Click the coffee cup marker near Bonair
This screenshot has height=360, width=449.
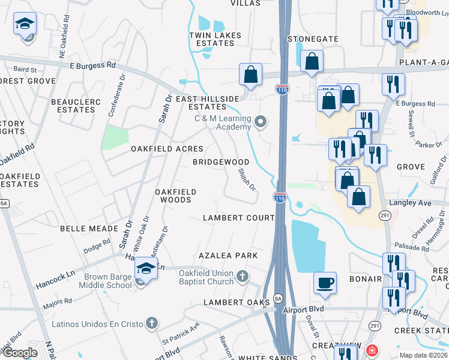click(x=325, y=283)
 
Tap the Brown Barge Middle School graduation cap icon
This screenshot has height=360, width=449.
click(x=146, y=268)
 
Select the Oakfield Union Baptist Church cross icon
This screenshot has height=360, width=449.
click(x=242, y=276)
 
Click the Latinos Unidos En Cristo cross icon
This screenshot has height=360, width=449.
click(x=152, y=324)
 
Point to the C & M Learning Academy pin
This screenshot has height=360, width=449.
click(x=260, y=122)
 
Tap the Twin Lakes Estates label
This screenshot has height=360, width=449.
click(x=215, y=39)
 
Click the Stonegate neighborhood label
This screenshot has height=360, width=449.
click(x=313, y=39)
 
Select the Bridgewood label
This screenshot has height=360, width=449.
click(x=221, y=162)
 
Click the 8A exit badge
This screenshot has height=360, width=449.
click(x=278, y=298)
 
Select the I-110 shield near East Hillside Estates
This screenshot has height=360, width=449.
click(x=282, y=89)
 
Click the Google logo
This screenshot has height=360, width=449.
click(x=20, y=353)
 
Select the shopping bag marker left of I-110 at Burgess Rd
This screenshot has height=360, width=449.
click(x=250, y=74)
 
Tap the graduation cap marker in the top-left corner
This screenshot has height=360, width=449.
click(x=26, y=25)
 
